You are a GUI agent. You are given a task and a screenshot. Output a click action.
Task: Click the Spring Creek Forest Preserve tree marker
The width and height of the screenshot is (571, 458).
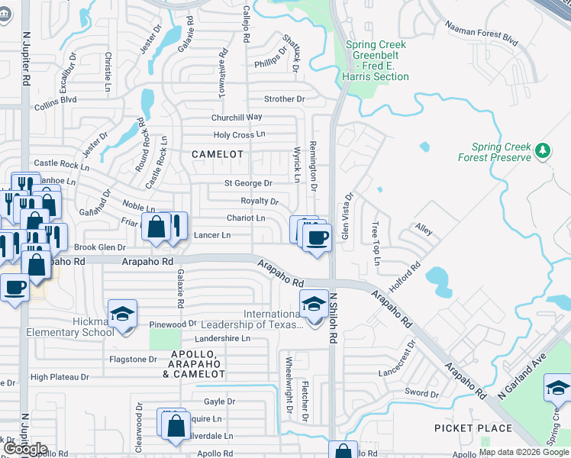(543, 150)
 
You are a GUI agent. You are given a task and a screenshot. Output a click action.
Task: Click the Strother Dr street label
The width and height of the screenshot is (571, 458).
(284, 99)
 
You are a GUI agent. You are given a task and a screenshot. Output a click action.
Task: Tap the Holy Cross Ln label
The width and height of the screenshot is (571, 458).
(239, 135)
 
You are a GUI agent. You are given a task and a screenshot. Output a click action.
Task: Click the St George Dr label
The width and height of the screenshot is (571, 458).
(248, 183)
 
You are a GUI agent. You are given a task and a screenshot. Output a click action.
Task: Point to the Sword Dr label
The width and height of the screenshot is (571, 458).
(421, 394)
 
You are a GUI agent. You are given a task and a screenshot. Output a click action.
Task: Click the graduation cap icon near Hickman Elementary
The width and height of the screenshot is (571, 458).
(122, 314)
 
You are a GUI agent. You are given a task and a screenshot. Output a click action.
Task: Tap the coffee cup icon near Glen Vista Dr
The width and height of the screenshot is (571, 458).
(317, 236)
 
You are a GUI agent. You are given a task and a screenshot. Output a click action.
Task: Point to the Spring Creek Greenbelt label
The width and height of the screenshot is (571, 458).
(376, 60)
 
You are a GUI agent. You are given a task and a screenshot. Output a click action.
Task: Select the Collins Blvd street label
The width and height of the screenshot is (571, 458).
(55, 99)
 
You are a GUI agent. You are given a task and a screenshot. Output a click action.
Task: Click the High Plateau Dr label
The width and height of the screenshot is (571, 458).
(60, 377)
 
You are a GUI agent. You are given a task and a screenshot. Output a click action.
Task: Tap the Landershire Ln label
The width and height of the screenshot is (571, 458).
(222, 338)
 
